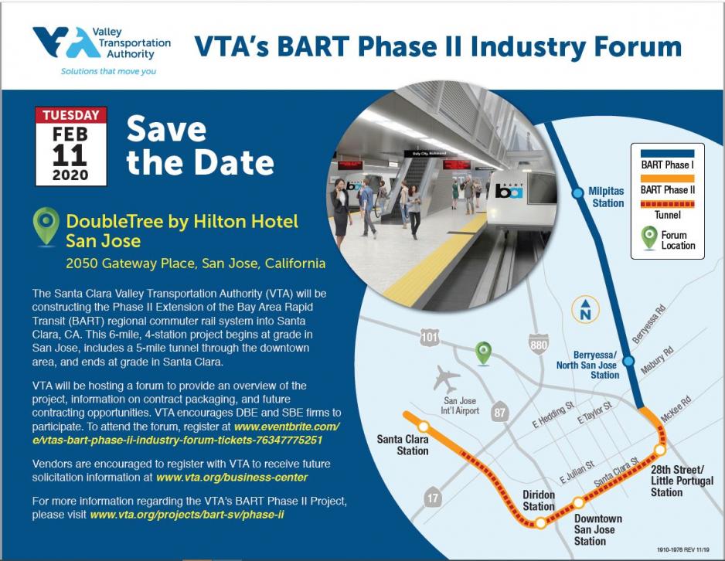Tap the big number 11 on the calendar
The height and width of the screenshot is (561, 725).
70,155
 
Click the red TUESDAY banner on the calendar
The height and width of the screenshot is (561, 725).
70,116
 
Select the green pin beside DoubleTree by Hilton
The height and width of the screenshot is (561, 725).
46,226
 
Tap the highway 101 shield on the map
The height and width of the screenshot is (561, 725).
431,336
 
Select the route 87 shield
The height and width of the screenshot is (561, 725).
499,413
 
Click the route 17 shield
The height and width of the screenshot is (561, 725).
433,498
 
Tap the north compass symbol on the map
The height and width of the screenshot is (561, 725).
586,311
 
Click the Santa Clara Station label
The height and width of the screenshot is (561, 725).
403,444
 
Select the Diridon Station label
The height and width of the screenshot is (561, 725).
539,501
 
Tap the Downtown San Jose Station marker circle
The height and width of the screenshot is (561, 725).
578,503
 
